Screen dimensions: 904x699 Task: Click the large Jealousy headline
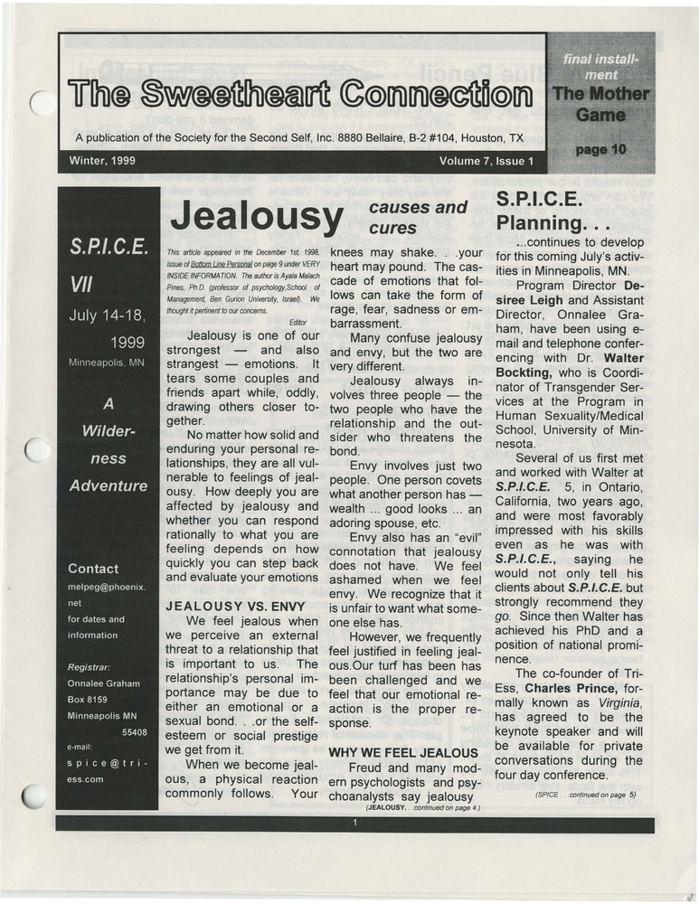coord(257,218)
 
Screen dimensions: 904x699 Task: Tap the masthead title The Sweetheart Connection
coord(300,94)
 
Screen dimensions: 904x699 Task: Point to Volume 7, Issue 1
coord(486,162)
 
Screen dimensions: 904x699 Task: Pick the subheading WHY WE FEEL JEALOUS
coord(402,752)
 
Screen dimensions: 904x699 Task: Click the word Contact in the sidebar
coord(93,569)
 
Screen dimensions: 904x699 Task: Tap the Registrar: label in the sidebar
coord(90,667)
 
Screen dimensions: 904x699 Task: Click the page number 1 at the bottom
coord(355,823)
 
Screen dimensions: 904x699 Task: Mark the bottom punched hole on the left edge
coord(35,796)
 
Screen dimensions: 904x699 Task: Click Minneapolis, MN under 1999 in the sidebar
coord(107,363)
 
